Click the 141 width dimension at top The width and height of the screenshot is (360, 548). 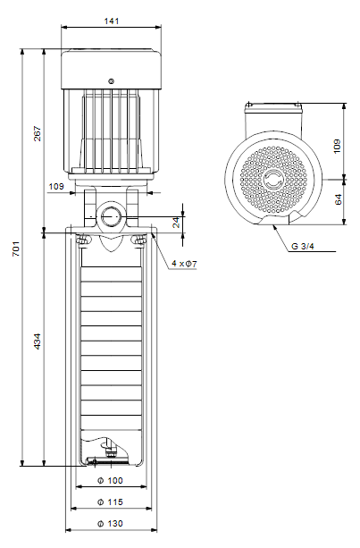click(112, 21)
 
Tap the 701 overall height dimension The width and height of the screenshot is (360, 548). click(16, 249)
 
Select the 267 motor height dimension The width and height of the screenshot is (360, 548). click(37, 133)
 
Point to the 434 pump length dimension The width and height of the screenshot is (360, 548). click(37, 341)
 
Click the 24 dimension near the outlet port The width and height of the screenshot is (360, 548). click(177, 223)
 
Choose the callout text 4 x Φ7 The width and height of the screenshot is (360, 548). click(184, 264)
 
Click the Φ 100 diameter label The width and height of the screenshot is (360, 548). click(110, 481)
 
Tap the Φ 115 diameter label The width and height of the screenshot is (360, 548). click(110, 502)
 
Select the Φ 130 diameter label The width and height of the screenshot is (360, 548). click(110, 524)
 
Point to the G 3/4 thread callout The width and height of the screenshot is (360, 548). click(303, 246)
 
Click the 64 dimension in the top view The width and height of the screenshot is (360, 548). click(338, 199)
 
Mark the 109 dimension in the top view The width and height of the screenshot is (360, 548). click(337, 146)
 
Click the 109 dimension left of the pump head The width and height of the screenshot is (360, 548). click(56, 186)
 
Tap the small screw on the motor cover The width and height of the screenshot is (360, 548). click(111, 81)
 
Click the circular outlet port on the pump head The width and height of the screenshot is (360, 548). click(111, 216)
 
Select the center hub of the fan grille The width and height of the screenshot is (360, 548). click(273, 180)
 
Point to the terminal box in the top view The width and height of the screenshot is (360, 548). click(273, 119)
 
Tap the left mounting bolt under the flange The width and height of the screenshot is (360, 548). click(83, 240)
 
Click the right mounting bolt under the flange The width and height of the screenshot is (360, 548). click(139, 240)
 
